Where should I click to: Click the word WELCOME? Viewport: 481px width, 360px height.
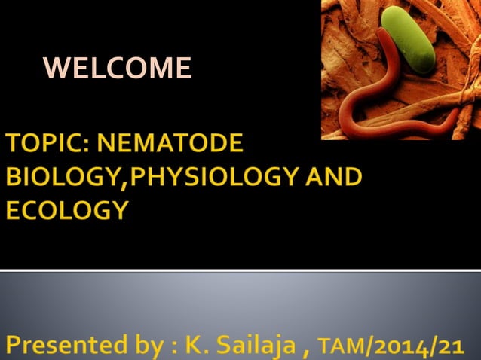[118, 69]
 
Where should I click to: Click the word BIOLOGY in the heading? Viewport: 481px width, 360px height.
[62, 177]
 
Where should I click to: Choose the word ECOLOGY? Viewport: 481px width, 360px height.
[66, 210]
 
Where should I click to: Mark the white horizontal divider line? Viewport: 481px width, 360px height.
[240, 270]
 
